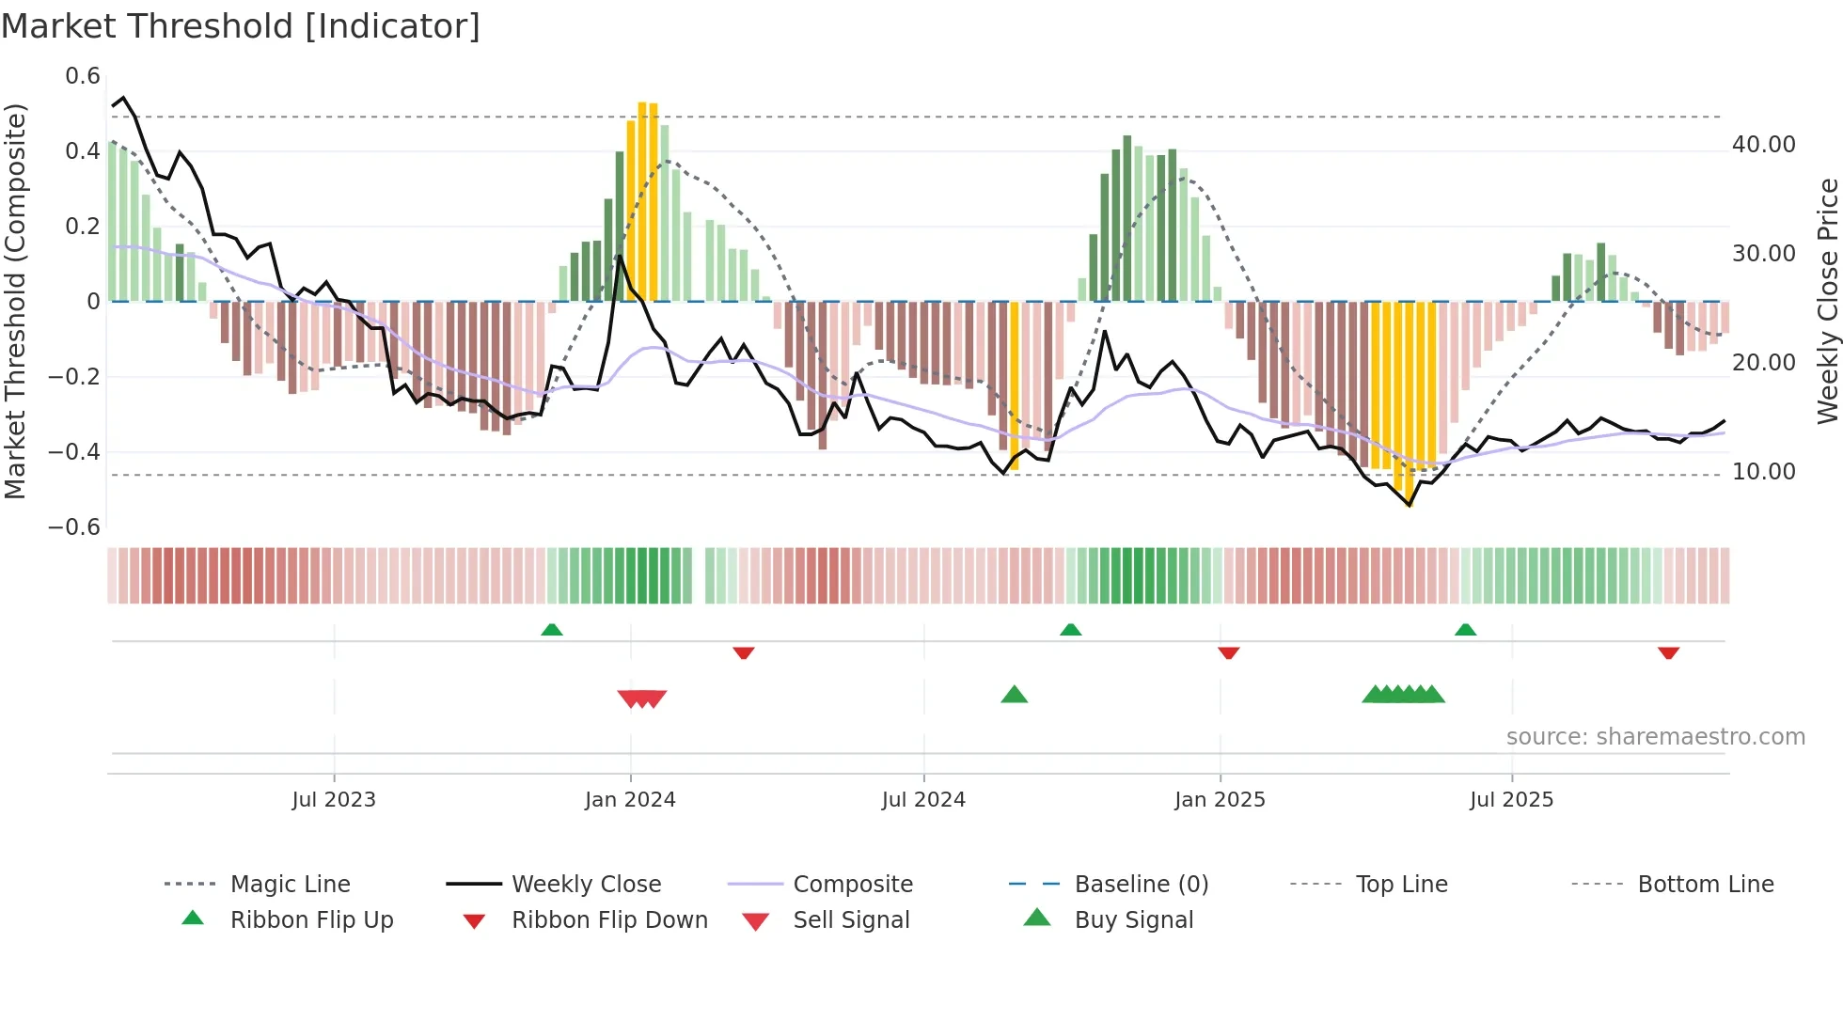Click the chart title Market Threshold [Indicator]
pyautogui.click(x=241, y=26)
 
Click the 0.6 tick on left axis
pyautogui.click(x=83, y=76)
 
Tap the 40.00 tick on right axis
pyautogui.click(x=1763, y=145)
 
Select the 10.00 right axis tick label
pyautogui.click(x=1763, y=472)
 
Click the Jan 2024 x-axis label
pyautogui.click(x=630, y=800)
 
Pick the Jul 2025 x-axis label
pyautogui.click(x=1511, y=800)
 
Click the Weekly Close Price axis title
pyautogui.click(x=1827, y=301)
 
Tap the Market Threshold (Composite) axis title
pyautogui.click(x=15, y=301)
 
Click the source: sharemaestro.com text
pyautogui.click(x=1655, y=737)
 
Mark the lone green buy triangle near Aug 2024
pyautogui.click(x=1014, y=695)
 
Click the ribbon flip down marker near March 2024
pyautogui.click(x=744, y=652)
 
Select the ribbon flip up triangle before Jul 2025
pyautogui.click(x=1465, y=630)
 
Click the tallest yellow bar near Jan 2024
pyautogui.click(x=642, y=202)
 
